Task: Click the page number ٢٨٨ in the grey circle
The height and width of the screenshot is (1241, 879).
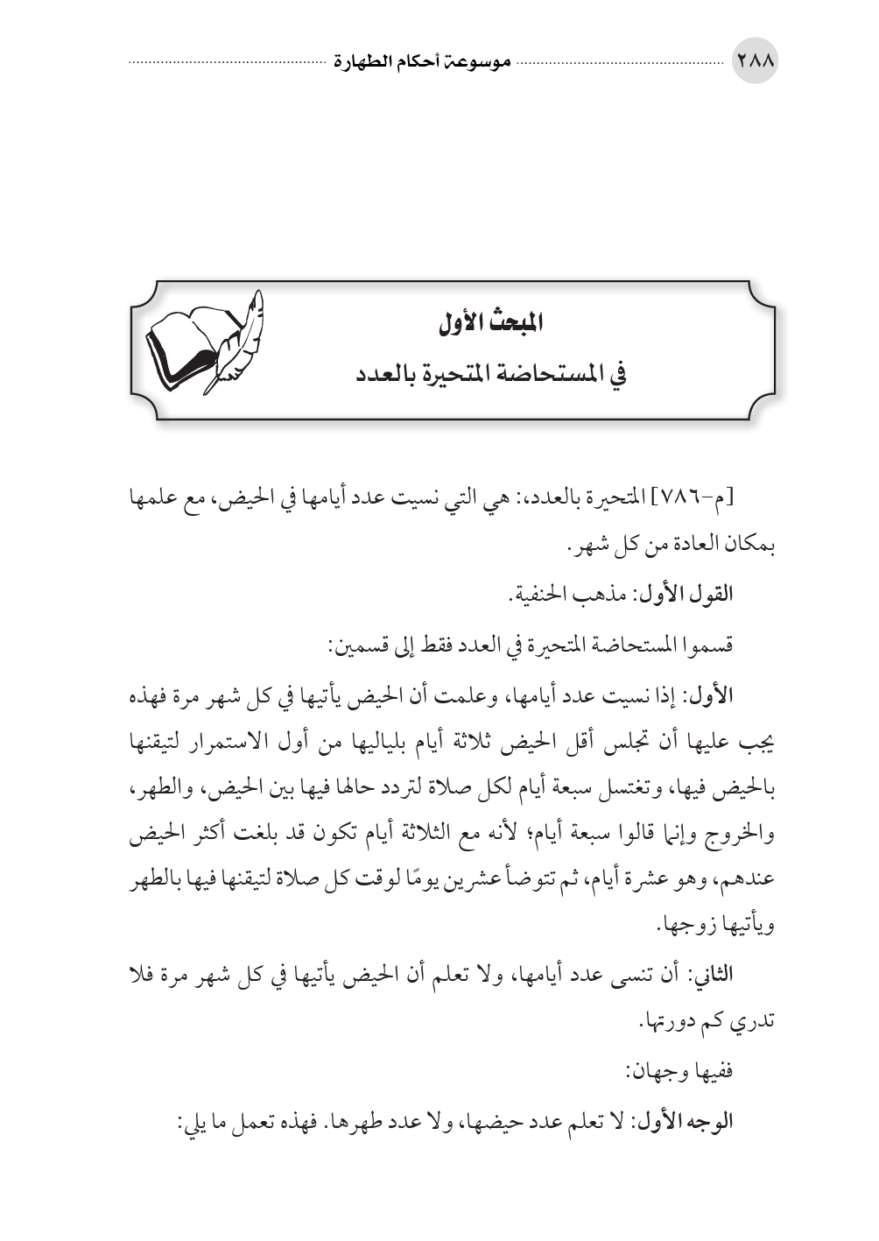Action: pyautogui.click(x=754, y=63)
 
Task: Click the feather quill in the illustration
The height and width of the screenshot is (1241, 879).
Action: pyautogui.click(x=240, y=338)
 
